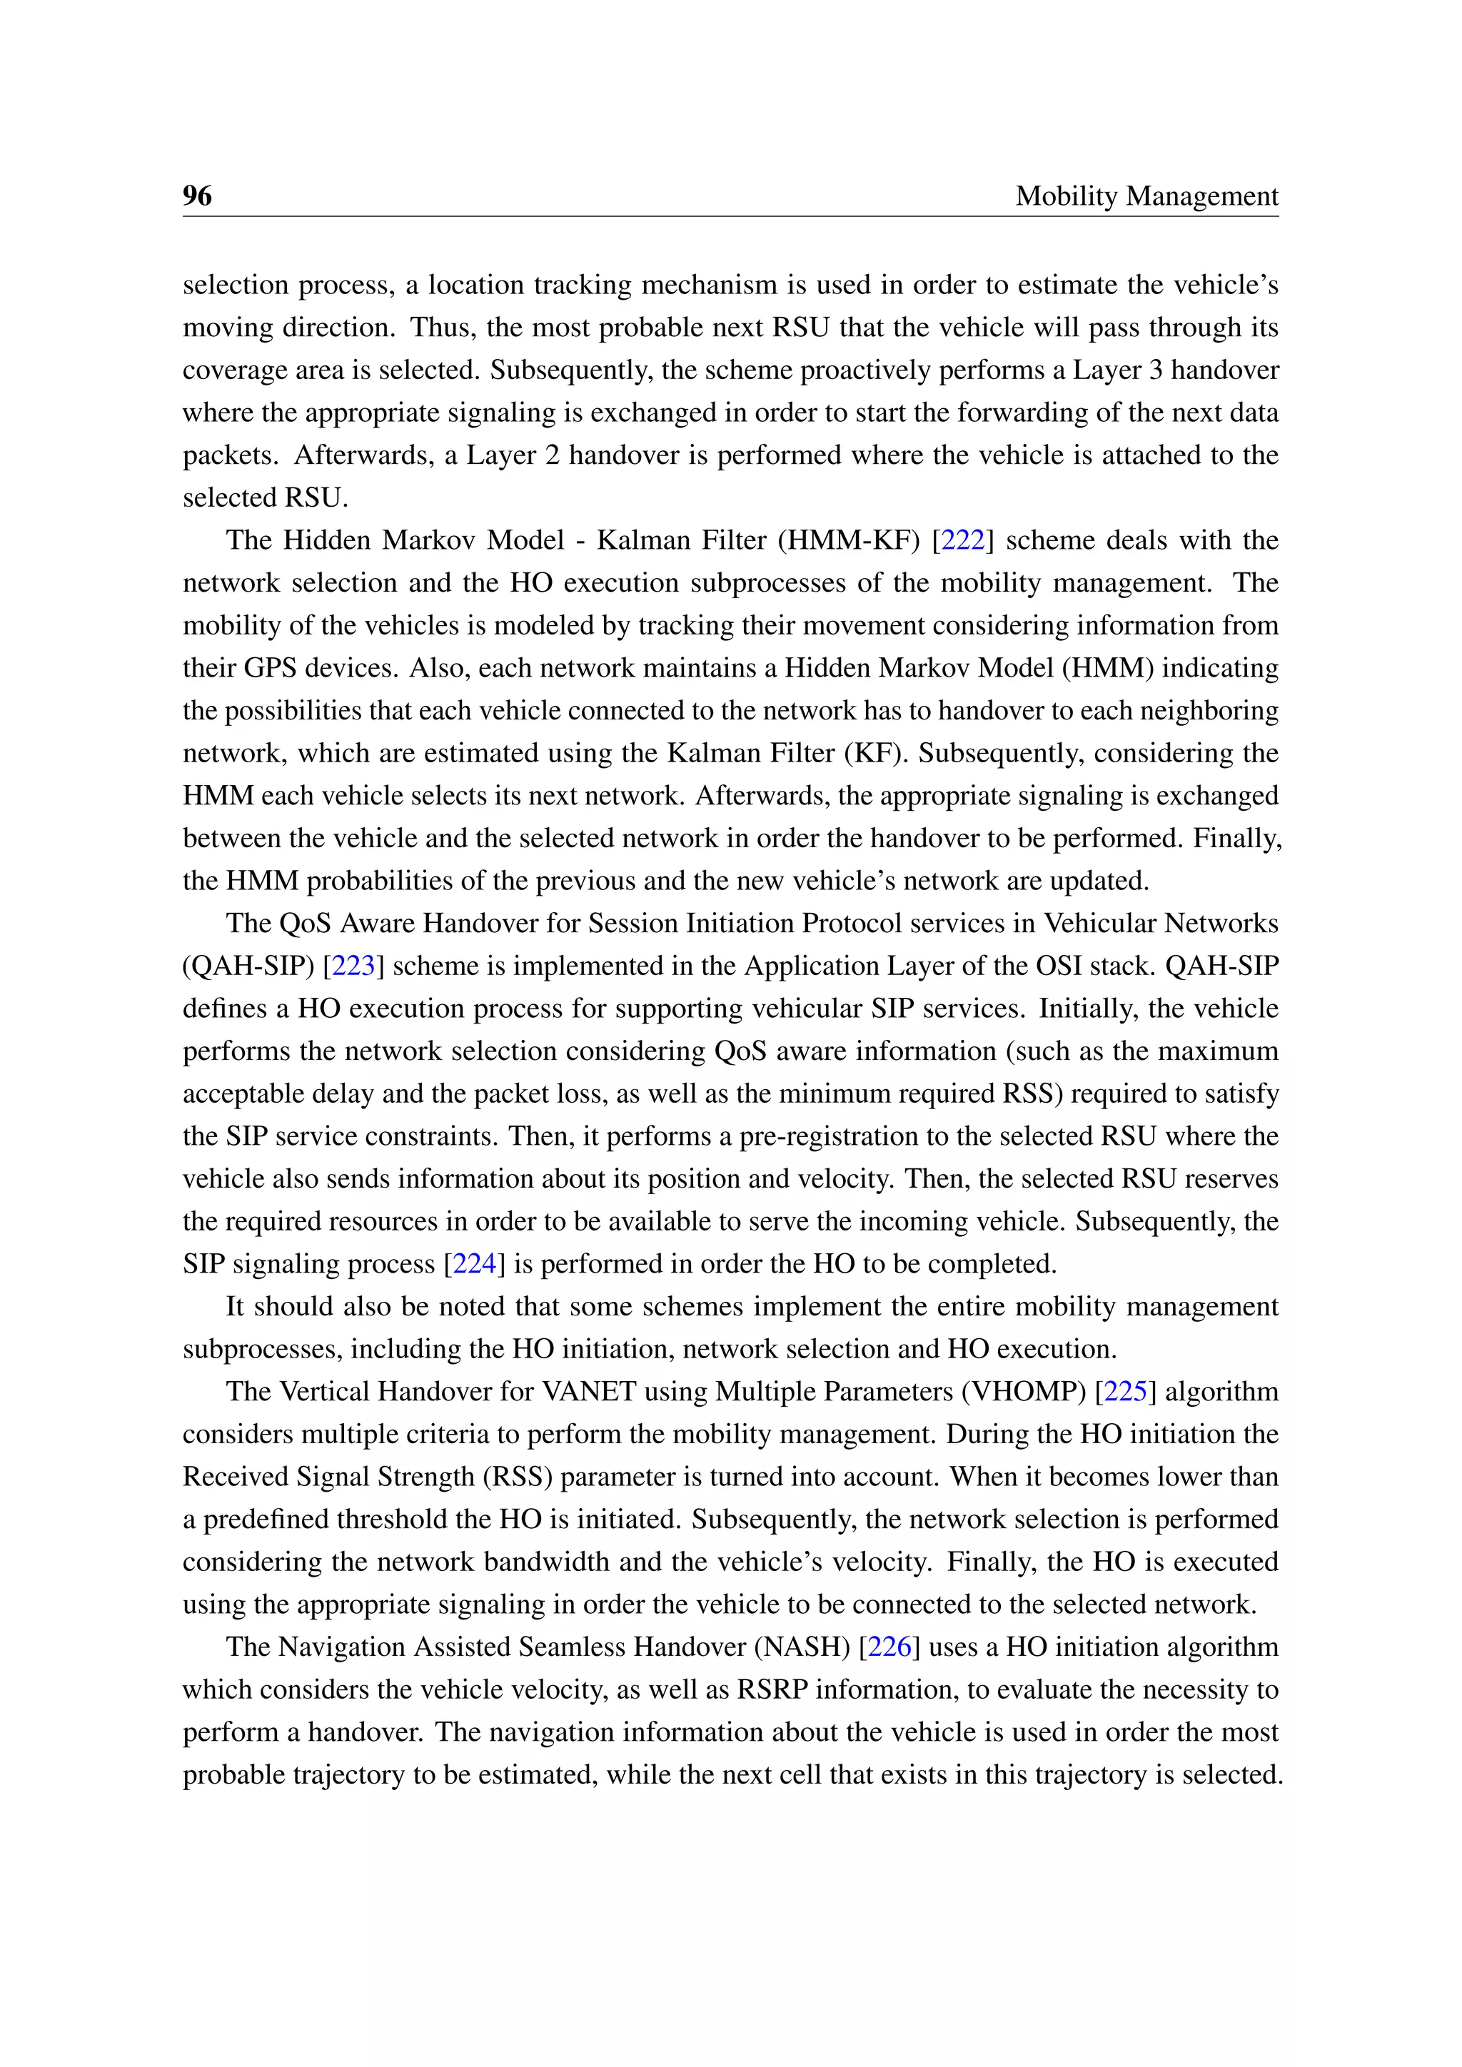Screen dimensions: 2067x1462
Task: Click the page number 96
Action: [197, 196]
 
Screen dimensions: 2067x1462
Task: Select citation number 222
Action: [962, 540]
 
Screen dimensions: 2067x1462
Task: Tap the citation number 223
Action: [353, 966]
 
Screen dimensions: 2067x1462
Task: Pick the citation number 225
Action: [1124, 1392]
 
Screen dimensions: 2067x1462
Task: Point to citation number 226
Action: [889, 1647]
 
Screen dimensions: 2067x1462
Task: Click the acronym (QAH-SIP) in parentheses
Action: [248, 966]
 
